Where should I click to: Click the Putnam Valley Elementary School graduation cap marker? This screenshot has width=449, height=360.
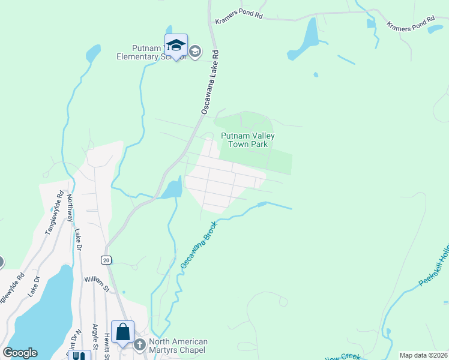176,46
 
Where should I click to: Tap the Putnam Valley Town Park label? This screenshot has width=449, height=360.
248,140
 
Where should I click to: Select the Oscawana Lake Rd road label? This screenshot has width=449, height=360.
210,82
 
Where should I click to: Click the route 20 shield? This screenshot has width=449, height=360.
106,260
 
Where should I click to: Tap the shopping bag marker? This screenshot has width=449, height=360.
122,332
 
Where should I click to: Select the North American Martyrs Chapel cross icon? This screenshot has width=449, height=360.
140,344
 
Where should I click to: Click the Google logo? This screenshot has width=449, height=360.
20,353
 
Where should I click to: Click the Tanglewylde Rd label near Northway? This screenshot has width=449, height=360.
54,212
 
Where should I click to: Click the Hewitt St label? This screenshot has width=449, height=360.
106,344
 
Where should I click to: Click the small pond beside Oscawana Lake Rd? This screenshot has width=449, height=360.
171,189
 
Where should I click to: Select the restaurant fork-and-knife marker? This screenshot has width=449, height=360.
79,356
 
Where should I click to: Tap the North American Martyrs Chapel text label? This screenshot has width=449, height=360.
177,346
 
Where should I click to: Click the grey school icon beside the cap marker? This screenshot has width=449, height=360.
194,52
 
